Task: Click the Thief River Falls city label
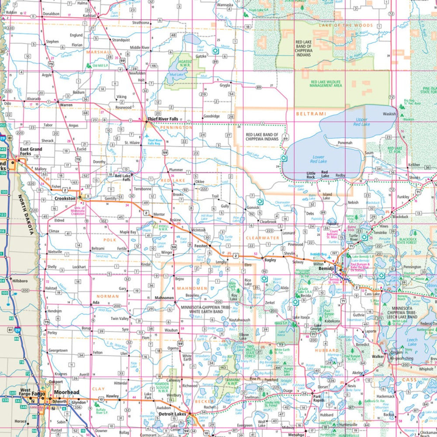tap(162, 119)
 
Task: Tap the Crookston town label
tap(66, 198)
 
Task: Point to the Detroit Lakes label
tap(172, 413)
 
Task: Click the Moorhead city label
tap(66, 393)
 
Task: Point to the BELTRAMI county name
tap(311, 114)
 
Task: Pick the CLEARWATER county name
tap(262, 238)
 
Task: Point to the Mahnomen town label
tap(165, 298)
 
